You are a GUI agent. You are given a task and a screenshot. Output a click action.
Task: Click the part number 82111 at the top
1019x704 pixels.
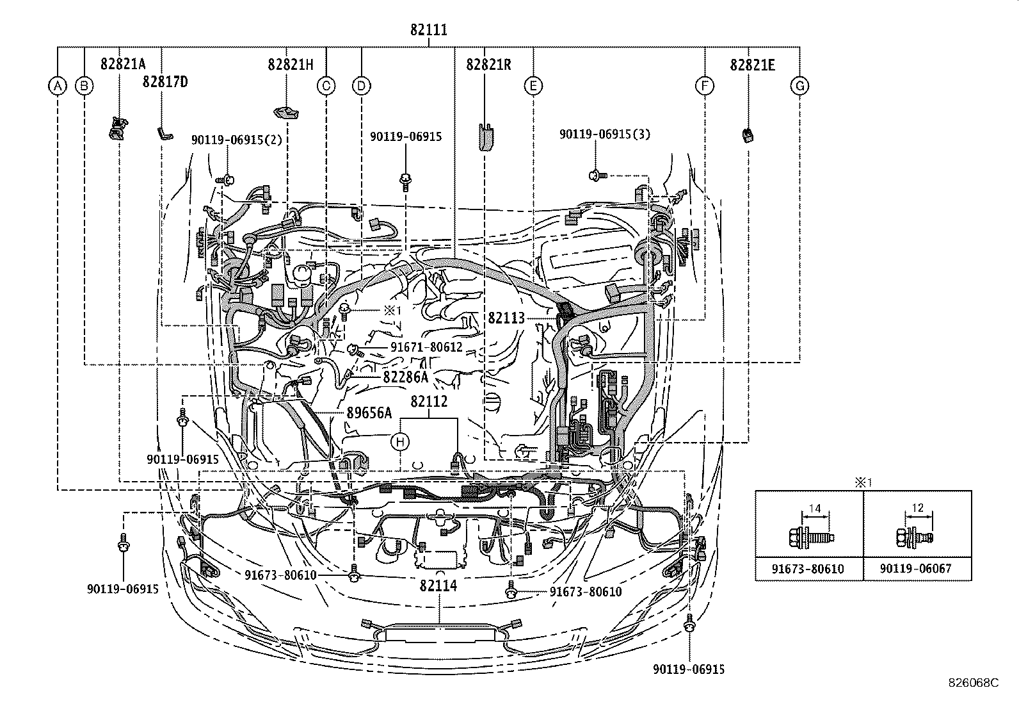(x=429, y=30)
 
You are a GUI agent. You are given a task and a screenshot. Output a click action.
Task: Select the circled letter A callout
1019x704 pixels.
(x=58, y=86)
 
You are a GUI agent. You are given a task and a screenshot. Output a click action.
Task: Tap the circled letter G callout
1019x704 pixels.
(x=799, y=86)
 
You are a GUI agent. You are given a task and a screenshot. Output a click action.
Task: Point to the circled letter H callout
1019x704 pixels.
(x=400, y=441)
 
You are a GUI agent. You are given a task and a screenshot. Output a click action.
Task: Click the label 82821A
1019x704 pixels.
(x=123, y=64)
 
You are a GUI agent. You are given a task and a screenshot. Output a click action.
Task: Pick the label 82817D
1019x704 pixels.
(x=165, y=82)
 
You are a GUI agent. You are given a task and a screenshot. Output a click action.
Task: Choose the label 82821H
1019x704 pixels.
(x=290, y=65)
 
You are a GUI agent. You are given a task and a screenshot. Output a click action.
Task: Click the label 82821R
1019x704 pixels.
(x=488, y=65)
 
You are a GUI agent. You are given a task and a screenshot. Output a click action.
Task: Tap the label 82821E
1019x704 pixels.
(x=753, y=65)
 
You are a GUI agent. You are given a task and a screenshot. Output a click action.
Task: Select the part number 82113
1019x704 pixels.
(x=506, y=318)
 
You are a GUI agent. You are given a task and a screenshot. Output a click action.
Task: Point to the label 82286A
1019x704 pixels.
(x=405, y=377)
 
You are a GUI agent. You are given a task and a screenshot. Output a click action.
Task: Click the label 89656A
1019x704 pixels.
(x=369, y=413)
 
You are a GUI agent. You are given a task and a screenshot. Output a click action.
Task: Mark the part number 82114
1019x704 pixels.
(x=438, y=585)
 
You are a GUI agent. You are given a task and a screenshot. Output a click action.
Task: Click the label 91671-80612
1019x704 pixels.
(x=426, y=347)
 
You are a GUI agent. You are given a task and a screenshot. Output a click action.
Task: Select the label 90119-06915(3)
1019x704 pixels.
(x=605, y=135)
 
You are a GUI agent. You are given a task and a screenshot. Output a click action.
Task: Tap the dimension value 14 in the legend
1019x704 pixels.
(x=815, y=508)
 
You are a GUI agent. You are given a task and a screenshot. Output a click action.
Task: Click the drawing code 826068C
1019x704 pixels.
(x=974, y=683)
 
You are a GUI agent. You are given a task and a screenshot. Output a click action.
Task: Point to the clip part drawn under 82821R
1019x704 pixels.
(x=486, y=136)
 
